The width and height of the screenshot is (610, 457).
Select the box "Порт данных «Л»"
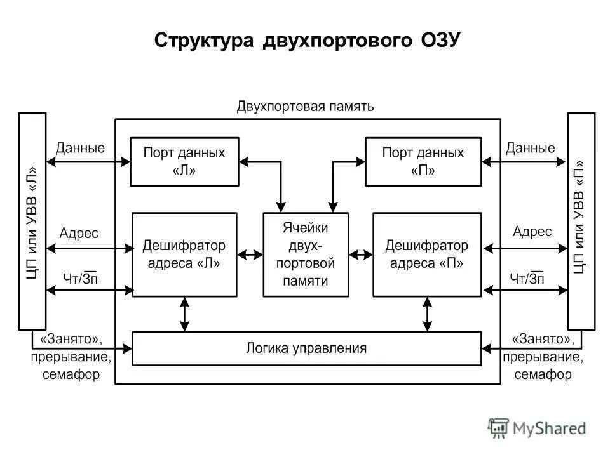184,162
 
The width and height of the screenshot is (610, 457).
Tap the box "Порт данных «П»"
423,162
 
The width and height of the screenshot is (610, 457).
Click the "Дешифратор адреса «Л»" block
184,255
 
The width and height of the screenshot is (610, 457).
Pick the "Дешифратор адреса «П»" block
426,255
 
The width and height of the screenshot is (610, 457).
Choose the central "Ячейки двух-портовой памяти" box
306,255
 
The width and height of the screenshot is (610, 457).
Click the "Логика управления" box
306,348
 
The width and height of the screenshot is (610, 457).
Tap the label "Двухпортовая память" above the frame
306,106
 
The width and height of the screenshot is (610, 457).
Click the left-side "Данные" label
80,149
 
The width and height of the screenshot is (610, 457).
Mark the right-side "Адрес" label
532,232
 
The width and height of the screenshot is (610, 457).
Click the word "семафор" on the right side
543,374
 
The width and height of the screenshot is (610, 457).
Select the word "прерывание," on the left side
71,357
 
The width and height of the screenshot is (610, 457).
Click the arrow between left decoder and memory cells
250,255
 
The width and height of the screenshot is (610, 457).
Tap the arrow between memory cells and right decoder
361,255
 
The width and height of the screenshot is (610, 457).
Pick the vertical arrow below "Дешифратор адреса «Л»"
184,314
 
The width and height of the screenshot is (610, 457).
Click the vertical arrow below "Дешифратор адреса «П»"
427,314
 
